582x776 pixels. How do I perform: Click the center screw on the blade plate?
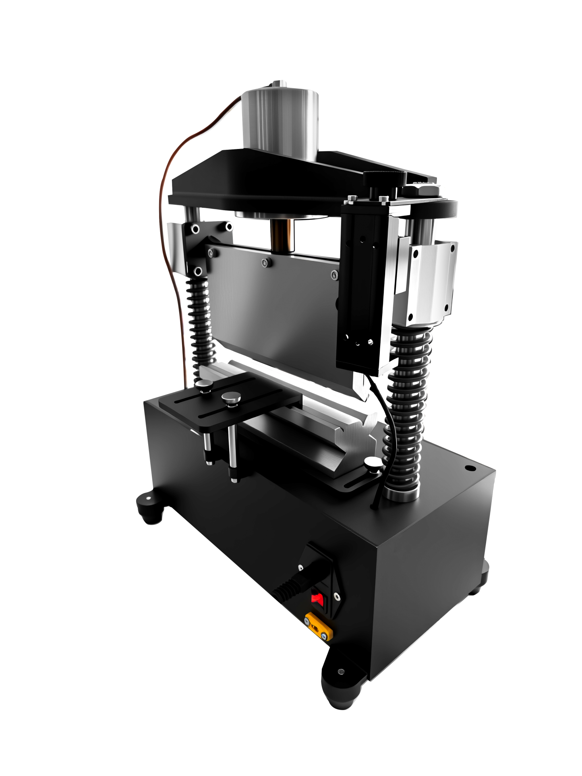point(265,263)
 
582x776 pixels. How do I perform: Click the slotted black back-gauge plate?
point(230,403)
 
